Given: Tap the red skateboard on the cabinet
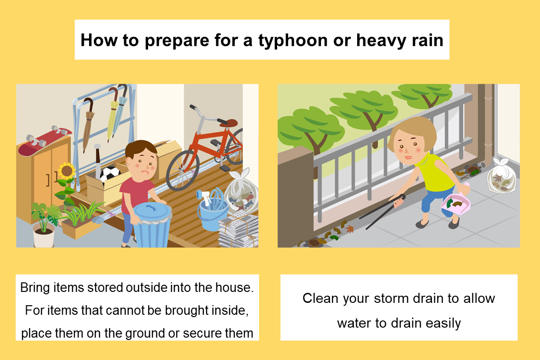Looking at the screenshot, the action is pyautogui.click(x=44, y=140).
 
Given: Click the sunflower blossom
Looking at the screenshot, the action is pyautogui.click(x=67, y=171).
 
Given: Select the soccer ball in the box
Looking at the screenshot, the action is pyautogui.click(x=110, y=174).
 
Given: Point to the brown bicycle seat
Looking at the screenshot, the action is pyautogui.click(x=228, y=122).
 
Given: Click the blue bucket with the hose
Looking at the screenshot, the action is pyautogui.click(x=213, y=214).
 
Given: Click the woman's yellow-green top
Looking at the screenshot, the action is pyautogui.click(x=437, y=172).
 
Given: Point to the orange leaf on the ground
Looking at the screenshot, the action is pyautogui.click(x=350, y=228).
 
